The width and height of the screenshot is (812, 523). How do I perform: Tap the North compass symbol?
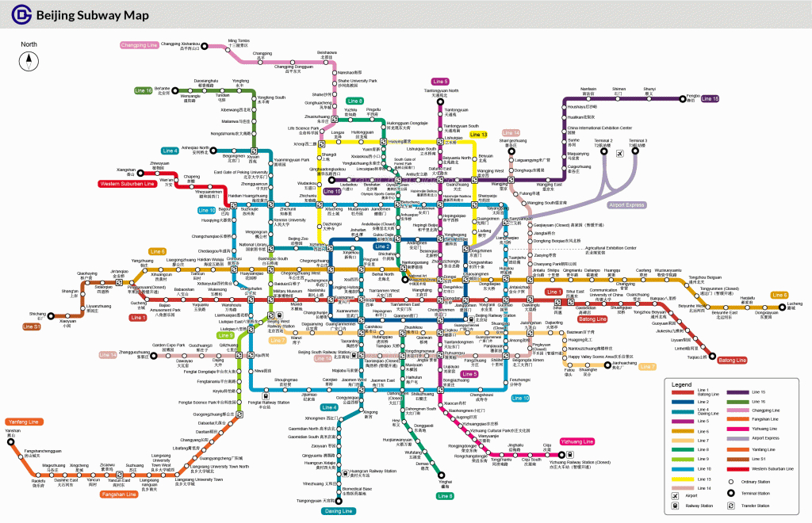(x=29, y=59)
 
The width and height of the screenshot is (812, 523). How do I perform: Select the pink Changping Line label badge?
(x=140, y=45)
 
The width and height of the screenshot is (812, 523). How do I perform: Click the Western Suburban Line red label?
(x=126, y=184)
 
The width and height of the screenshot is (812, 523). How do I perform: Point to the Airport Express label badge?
(x=626, y=204)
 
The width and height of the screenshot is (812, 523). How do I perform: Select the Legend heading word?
(x=682, y=384)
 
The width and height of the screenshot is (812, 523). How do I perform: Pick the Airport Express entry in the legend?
(x=765, y=437)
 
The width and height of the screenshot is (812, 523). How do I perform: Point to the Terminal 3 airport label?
(x=638, y=143)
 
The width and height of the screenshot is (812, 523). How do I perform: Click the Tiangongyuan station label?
(x=316, y=501)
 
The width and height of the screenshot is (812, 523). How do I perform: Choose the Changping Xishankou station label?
(x=181, y=45)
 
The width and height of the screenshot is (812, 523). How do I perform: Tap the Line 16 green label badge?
(x=143, y=90)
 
